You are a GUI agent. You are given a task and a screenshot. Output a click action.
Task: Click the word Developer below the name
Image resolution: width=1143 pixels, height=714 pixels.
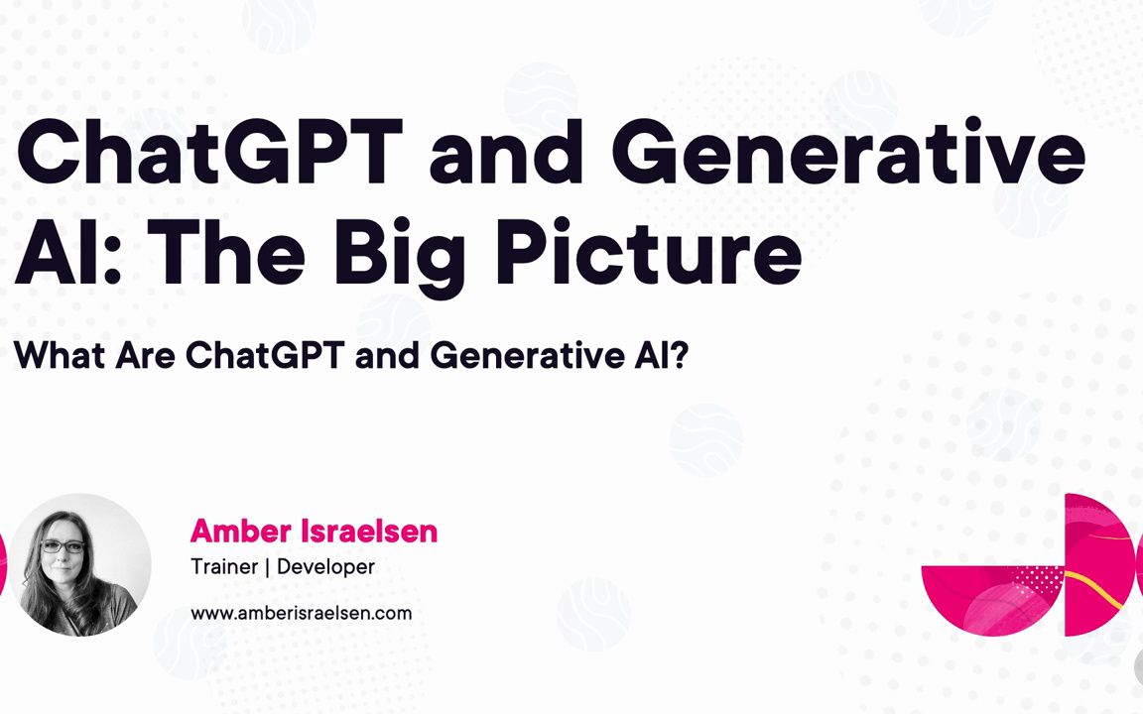pyautogui.click(x=325, y=567)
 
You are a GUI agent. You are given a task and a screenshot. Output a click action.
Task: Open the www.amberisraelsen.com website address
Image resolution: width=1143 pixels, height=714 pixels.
pyautogui.click(x=301, y=613)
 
